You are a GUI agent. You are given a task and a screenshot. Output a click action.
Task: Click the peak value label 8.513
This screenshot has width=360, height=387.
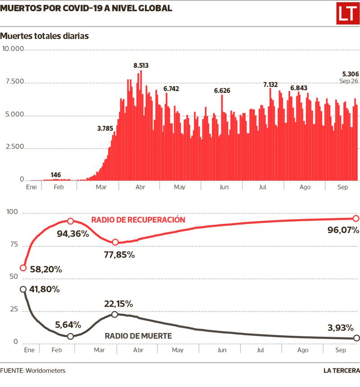pos(141,66)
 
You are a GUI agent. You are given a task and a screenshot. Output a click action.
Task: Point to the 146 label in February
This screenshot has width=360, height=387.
pos(56,175)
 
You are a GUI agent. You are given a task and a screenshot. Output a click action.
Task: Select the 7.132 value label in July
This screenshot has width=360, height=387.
pos(270,85)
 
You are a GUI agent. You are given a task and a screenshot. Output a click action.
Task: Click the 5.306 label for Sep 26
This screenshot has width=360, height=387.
pos(350,74)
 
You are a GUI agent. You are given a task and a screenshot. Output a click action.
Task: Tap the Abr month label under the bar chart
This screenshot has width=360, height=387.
pos(140,187)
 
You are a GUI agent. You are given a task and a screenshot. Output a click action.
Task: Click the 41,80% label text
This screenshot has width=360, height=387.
pos(44,289)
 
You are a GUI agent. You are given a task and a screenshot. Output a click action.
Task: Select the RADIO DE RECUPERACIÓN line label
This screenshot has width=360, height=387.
pos(138,220)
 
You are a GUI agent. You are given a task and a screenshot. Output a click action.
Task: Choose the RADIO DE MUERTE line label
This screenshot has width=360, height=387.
pos(138,335)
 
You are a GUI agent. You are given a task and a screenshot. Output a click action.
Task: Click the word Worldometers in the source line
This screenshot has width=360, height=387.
pos(45,371)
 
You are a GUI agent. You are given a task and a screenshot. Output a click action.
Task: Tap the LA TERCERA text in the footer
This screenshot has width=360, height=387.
pos(342,371)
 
